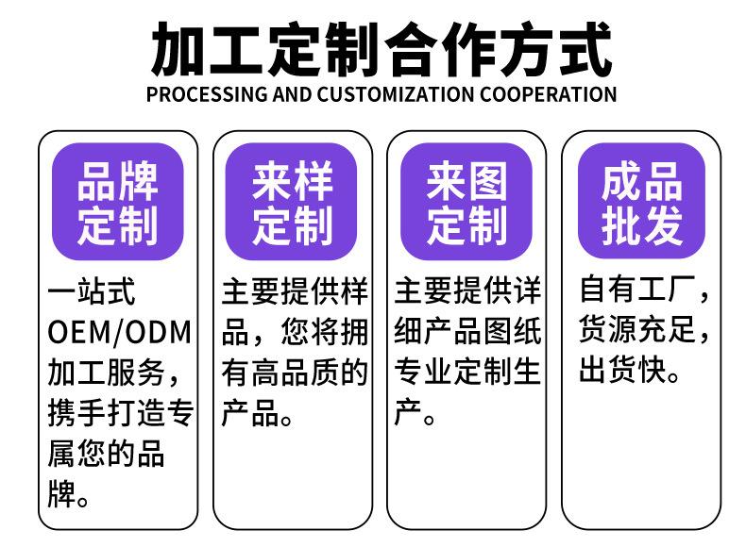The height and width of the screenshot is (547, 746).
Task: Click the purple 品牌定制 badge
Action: coord(117,202)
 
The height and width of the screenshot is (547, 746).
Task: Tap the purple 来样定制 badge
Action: coord(292,202)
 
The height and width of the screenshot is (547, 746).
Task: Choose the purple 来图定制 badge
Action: coord(466,202)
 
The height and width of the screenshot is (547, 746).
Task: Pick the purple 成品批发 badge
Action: coord(642,202)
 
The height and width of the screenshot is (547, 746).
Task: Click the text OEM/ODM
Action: coord(119,332)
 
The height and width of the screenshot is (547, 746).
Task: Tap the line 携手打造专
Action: coord(119,413)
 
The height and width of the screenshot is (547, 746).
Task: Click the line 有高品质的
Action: coord(294,373)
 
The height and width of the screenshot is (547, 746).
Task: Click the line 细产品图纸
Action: coord(467,332)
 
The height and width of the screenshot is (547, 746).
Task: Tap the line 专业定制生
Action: coord(467,373)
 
